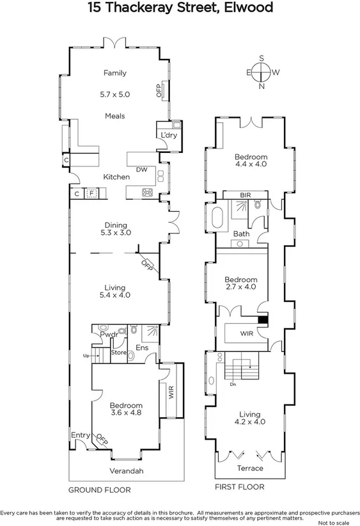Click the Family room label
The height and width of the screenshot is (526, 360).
pyautogui.click(x=115, y=73)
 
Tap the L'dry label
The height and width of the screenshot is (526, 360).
pyautogui.click(x=168, y=135)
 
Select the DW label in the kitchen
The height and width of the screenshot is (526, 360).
pyautogui.click(x=142, y=170)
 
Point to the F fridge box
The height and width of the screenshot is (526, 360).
pyautogui.click(x=91, y=193)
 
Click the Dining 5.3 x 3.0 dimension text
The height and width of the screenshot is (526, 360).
pyautogui.click(x=116, y=234)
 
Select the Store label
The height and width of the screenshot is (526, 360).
pyautogui.click(x=119, y=352)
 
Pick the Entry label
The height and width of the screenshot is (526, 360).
pyautogui.click(x=81, y=435)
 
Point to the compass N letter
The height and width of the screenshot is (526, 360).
pyautogui.click(x=261, y=87)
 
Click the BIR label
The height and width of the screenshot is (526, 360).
pyautogui.click(x=245, y=195)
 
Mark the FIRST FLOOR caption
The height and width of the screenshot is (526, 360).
pyautogui.click(x=240, y=488)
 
